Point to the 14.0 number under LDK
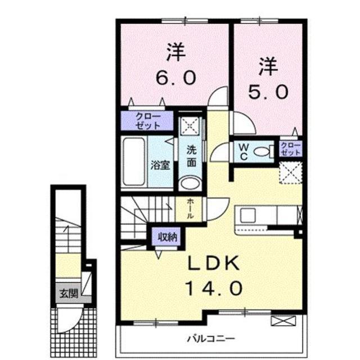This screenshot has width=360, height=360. (213, 289)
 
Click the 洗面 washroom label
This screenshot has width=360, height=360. (191, 156)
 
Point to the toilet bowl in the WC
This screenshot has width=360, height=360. (262, 150)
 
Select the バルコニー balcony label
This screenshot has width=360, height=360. (211, 339)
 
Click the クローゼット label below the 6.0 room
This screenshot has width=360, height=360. (148, 120)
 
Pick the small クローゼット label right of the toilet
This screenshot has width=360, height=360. (291, 149)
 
